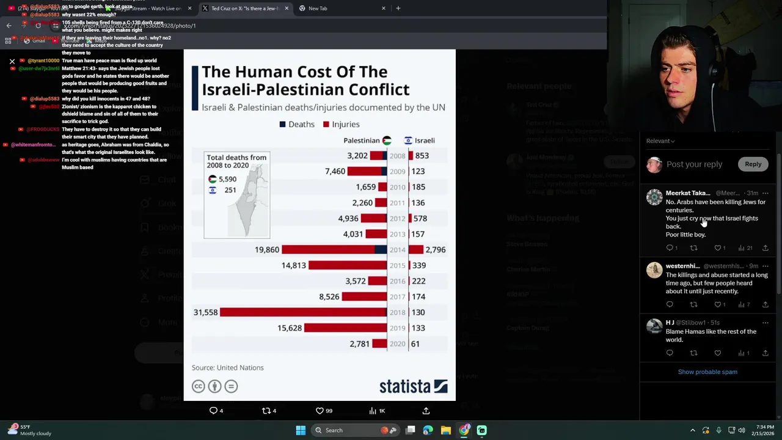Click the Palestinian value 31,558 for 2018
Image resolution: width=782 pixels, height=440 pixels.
pyautogui.click(x=205, y=312)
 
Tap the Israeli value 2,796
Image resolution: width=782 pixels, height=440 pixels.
pyautogui.click(x=435, y=249)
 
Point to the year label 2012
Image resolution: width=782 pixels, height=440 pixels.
pyautogui.click(x=397, y=218)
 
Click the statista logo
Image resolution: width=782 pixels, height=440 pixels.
pyautogui.click(x=413, y=386)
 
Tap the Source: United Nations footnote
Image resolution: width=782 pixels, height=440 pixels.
pyautogui.click(x=227, y=367)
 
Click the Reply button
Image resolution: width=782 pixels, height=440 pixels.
pyautogui.click(x=753, y=164)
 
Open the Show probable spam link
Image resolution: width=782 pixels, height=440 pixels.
pyautogui.click(x=707, y=372)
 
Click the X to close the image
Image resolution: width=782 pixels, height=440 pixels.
pyautogui.click(x=12, y=61)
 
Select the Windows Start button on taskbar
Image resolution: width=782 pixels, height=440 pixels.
pyautogui.click(x=301, y=430)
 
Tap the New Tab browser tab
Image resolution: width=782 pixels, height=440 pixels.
pyautogui.click(x=318, y=9)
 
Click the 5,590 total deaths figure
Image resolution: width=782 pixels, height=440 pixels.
pyautogui.click(x=227, y=179)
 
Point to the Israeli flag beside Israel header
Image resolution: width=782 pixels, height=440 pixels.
pyautogui.click(x=408, y=141)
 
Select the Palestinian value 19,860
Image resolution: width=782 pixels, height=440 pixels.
pyautogui.click(x=266, y=249)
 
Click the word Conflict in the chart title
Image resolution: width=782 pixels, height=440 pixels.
pyautogui.click(x=380, y=89)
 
